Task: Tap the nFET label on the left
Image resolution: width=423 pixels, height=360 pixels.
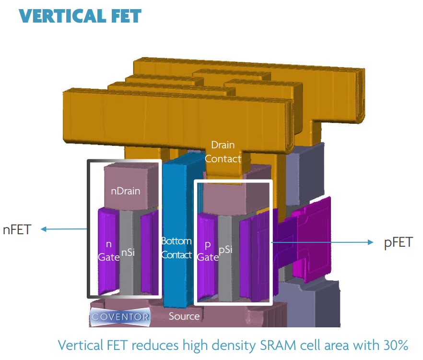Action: point(17,230)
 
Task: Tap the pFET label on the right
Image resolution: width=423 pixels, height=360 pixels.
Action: point(398,242)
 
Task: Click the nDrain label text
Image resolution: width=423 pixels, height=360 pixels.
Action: point(125,191)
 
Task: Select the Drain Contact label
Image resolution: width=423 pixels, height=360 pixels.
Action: point(223,151)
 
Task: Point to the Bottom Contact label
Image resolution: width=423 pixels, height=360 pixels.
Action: point(176,248)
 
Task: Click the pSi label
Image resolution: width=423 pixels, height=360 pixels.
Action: point(225,250)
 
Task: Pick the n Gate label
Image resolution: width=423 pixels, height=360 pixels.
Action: point(108,250)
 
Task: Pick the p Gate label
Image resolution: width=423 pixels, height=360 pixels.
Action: point(208,250)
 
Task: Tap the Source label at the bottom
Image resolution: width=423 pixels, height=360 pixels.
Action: point(184,316)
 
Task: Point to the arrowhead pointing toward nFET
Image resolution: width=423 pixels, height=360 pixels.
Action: point(44,229)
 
